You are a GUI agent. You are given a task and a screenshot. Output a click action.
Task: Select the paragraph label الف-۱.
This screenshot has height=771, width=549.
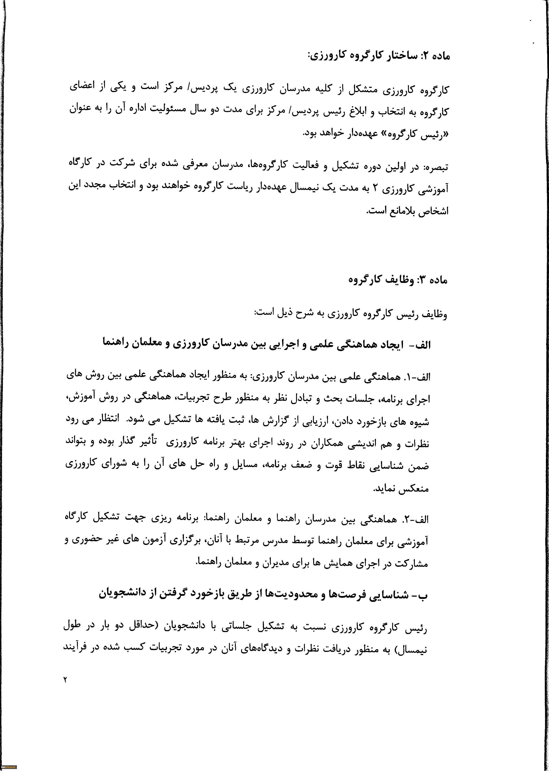point(417,377)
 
